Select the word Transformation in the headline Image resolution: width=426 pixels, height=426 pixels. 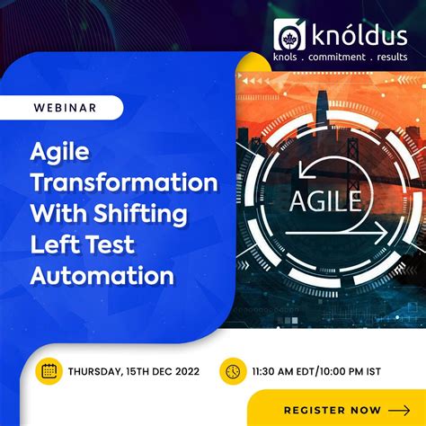124,183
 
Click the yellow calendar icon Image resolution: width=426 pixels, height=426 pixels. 49,370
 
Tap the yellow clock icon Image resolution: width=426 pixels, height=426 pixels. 233,370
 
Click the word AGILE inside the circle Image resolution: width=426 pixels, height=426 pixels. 326,199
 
